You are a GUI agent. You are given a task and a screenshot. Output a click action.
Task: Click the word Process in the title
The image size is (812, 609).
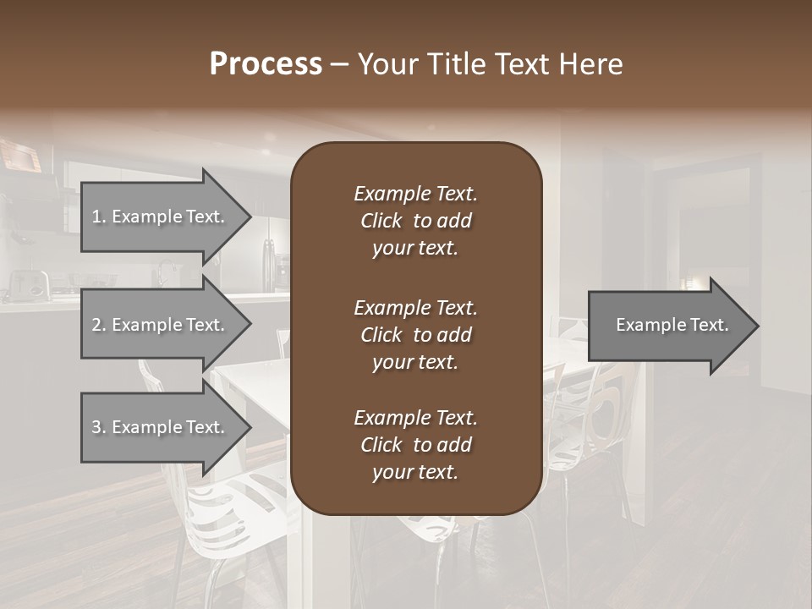click(266, 64)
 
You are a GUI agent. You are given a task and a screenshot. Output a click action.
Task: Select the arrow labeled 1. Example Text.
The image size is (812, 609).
click(161, 217)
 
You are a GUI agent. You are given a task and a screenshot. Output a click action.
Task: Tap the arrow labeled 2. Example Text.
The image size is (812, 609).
click(161, 325)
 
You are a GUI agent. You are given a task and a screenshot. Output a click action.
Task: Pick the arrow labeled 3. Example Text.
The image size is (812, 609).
click(161, 427)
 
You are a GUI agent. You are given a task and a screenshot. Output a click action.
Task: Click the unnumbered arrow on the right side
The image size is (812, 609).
click(668, 325)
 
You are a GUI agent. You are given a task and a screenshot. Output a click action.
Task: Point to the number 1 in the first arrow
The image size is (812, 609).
click(96, 217)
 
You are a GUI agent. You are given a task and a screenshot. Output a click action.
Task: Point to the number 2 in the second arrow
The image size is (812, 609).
click(96, 325)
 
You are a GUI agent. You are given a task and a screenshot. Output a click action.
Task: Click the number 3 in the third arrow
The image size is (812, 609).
click(96, 427)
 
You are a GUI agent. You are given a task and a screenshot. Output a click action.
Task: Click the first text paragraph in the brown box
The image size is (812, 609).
click(415, 221)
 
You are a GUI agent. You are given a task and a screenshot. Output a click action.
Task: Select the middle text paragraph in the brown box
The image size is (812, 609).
click(415, 334)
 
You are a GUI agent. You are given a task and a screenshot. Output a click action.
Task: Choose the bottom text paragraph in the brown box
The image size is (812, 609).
click(415, 445)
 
